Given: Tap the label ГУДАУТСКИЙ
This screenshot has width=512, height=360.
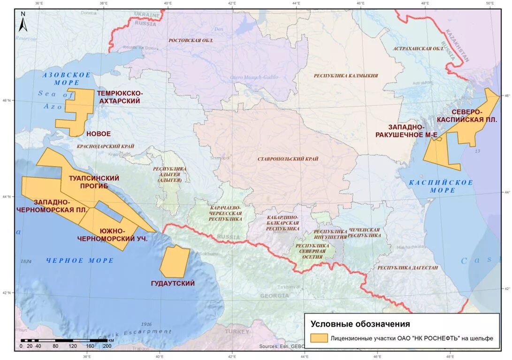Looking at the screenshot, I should pos(173,283).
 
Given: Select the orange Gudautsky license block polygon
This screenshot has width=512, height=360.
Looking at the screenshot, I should pos(175,262).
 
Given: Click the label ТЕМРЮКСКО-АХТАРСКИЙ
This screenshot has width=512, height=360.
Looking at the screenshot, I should pos(120,97).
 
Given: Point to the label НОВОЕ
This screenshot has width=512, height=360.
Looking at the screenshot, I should pos(99,134).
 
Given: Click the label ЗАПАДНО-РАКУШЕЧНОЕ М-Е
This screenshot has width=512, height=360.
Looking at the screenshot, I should pos(406,131).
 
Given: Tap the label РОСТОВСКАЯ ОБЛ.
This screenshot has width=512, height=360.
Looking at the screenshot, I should pos(191,41).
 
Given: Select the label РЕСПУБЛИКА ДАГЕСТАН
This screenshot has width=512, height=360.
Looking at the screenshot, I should pos(408,268).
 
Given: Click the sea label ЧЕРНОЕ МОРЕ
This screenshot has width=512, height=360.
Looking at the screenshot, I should pos(80,260).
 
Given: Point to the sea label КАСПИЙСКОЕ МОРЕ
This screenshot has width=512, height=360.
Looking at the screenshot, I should pos(440,186).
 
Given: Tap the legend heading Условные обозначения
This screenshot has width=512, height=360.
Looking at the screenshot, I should pos(360,324).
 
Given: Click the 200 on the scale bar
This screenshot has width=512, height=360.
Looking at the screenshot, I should pos(107,346).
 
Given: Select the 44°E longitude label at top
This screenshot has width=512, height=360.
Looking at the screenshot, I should pos(296,3).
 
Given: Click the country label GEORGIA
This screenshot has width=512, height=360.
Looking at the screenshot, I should pos(275,296).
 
